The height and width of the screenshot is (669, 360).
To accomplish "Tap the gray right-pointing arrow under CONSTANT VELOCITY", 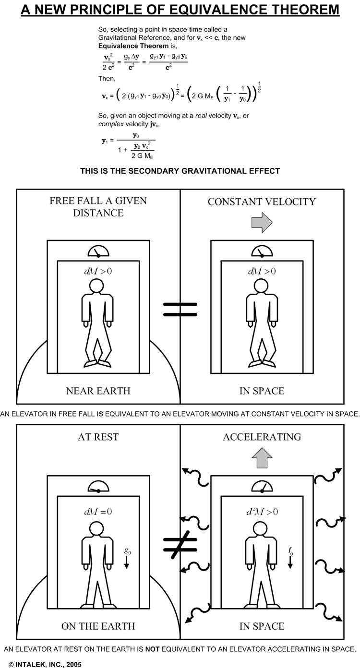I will point(262,223).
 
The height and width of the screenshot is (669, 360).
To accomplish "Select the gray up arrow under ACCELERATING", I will point(262,458).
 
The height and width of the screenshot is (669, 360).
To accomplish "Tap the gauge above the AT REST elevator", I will point(98,487).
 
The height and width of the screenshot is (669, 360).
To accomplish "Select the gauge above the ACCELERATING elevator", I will point(262,487).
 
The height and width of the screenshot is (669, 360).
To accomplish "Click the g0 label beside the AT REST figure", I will point(127,552).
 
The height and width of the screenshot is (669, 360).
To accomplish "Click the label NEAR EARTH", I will point(98,391).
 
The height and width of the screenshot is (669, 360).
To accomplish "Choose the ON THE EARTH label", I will point(98,626).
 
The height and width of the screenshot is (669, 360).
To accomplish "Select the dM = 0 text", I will point(98,512).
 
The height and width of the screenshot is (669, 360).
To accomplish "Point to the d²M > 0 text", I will point(262,512).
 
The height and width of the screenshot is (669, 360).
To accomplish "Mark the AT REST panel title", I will point(98,437).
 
